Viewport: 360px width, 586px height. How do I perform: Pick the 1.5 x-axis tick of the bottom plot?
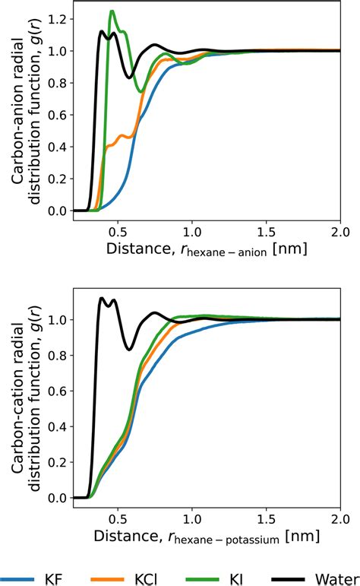tap(265, 517)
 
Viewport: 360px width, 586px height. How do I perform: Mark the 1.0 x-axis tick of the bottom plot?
tap(191, 517)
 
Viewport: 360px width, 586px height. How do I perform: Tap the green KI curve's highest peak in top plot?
tap(112, 11)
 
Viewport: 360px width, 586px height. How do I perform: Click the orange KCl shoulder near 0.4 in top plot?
tap(109, 147)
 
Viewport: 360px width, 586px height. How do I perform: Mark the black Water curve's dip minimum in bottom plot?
tap(130, 349)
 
